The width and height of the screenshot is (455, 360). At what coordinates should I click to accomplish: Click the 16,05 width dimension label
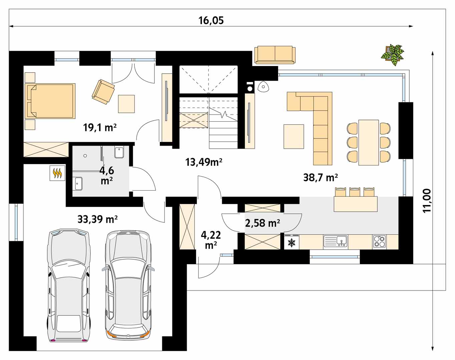[x=211, y=20]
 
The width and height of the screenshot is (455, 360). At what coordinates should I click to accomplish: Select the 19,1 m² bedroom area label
[x=100, y=128]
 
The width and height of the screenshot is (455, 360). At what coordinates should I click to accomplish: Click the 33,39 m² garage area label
[x=97, y=219]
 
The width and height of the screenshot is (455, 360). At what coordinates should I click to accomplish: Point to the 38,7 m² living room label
[x=321, y=177]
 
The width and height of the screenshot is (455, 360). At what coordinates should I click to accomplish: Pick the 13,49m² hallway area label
[x=204, y=162]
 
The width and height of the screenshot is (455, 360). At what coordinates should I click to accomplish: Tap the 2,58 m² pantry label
[x=263, y=223]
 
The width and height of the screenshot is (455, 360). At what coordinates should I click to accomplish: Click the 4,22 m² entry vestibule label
[x=211, y=240]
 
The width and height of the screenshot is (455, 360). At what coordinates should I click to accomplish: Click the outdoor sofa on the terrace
[x=275, y=55]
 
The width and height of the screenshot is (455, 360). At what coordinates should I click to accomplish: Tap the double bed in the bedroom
[x=50, y=101]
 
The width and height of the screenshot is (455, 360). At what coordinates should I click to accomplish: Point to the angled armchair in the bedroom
[x=103, y=92]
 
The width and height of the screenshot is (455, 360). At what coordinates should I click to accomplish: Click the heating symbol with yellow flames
[x=57, y=173]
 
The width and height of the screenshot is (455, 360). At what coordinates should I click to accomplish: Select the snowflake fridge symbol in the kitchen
[x=292, y=243]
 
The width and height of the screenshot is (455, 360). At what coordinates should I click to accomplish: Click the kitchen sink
[x=336, y=241]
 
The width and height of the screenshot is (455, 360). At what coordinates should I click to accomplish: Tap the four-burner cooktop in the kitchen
[x=380, y=241]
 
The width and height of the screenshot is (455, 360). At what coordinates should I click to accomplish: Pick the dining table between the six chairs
[x=369, y=142]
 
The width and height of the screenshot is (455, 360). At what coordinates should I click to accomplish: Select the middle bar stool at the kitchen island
[x=355, y=192]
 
